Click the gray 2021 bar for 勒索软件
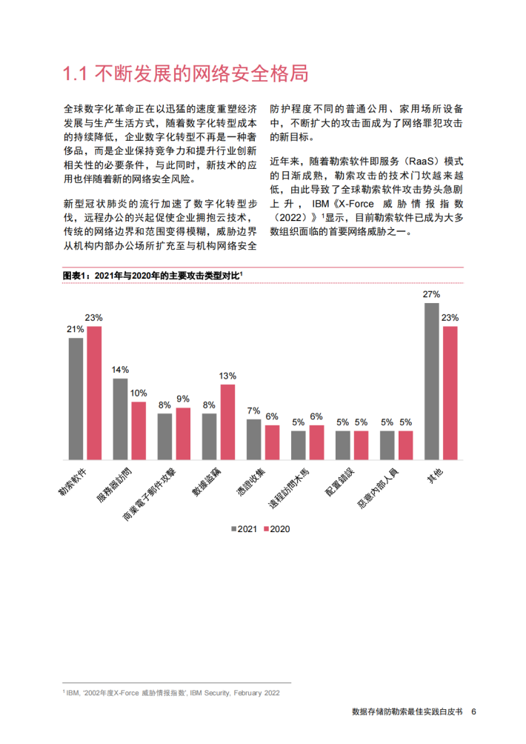(x=76, y=399)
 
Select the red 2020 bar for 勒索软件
(x=94, y=393)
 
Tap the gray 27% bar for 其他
(x=432, y=382)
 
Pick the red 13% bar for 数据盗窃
(x=227, y=422)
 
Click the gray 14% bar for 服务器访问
(x=121, y=419)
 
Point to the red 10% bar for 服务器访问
(x=139, y=431)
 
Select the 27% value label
(x=432, y=295)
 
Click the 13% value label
(x=227, y=376)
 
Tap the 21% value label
(x=76, y=329)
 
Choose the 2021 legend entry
(x=244, y=529)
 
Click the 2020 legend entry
(x=276, y=529)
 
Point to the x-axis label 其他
(x=435, y=476)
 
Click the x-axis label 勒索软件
(x=73, y=482)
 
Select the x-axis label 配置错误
(x=339, y=482)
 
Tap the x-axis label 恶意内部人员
(x=378, y=488)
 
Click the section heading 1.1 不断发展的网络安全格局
(x=185, y=73)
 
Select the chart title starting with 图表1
(x=153, y=275)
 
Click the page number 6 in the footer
(x=473, y=711)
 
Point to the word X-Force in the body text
(x=356, y=204)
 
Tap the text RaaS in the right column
(x=422, y=162)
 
